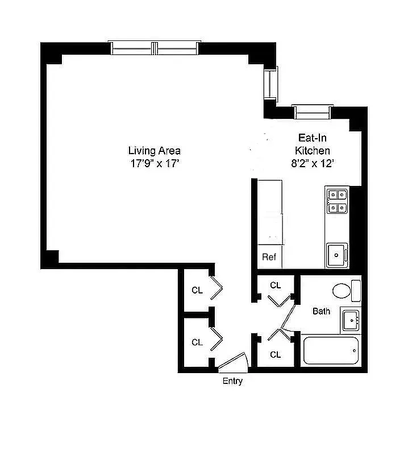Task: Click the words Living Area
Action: (154, 151)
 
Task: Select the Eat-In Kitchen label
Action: (312, 144)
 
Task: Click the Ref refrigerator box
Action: (269, 257)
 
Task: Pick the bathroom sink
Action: (350, 320)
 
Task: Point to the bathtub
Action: (331, 351)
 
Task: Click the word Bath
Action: (321, 311)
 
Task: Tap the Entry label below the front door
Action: (232, 381)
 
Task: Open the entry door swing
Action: (234, 362)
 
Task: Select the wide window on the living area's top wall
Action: (155, 48)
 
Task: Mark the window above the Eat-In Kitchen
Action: (311, 111)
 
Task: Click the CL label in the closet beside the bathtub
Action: (276, 354)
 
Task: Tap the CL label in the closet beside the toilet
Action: (276, 285)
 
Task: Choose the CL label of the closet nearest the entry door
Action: (197, 342)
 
